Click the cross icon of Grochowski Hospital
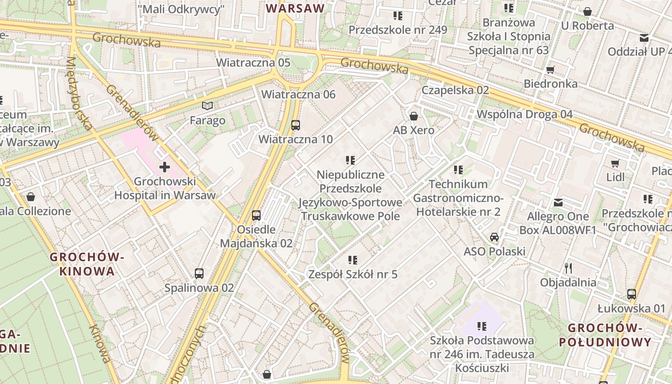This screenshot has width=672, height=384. pyautogui.click(x=165, y=167)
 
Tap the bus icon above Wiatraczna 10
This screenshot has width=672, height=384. pyautogui.click(x=296, y=125)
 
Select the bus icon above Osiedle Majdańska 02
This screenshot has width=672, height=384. pyautogui.click(x=256, y=215)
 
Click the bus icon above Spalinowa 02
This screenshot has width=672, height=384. pyautogui.click(x=199, y=274)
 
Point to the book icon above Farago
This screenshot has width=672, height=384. pyautogui.click(x=207, y=106)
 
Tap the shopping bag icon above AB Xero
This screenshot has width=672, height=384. pyautogui.click(x=413, y=116)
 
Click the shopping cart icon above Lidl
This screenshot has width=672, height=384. pyautogui.click(x=615, y=163)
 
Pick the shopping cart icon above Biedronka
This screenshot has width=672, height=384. pyautogui.click(x=551, y=70)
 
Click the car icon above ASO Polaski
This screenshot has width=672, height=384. pyautogui.click(x=494, y=237)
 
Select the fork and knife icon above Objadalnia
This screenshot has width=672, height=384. pyautogui.click(x=568, y=268)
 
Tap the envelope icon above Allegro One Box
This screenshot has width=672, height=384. pyautogui.click(x=558, y=203)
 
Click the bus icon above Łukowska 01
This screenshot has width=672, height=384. pyautogui.click(x=632, y=294)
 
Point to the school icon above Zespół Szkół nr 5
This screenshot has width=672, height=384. pyautogui.click(x=353, y=260)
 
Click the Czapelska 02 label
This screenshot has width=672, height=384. pyautogui.click(x=455, y=90)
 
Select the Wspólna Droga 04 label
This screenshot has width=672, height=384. pyautogui.click(x=525, y=114)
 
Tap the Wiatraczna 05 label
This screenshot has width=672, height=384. pyautogui.click(x=253, y=62)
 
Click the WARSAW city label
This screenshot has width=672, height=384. pyautogui.click(x=295, y=8)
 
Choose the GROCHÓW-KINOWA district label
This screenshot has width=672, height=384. pyautogui.click(x=87, y=264)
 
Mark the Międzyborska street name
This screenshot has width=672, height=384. pyautogui.click(x=79, y=94)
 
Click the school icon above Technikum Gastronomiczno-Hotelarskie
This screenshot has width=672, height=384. pyautogui.click(x=458, y=169)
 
